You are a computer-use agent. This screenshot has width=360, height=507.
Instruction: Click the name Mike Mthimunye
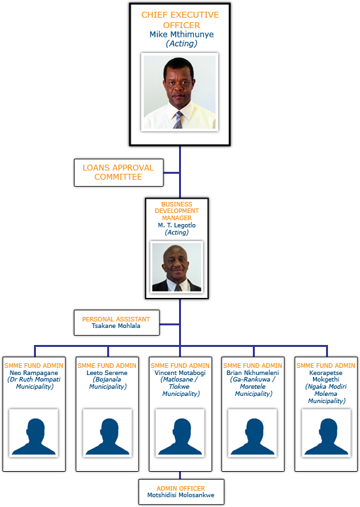[182, 34]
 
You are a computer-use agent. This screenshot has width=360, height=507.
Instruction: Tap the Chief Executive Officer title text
[180, 20]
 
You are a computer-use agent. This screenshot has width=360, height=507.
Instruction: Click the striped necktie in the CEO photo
[178, 120]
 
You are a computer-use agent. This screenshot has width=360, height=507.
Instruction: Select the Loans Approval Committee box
[119, 172]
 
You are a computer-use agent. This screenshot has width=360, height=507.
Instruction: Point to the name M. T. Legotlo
[176, 225]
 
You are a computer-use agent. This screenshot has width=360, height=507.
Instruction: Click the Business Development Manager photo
[176, 267]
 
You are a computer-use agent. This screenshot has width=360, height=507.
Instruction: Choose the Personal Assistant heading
[116, 319]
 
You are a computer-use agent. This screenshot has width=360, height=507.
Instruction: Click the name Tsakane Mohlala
[116, 326]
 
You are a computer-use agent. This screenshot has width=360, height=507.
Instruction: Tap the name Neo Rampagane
[33, 373]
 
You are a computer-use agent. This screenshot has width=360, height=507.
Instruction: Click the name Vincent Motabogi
[180, 373]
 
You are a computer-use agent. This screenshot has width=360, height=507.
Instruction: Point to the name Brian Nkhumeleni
[253, 373]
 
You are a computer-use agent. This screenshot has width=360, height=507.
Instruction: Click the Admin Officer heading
[181, 488]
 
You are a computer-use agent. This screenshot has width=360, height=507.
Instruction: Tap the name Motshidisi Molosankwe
[181, 495]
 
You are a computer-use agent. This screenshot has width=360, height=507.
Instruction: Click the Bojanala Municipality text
[108, 383]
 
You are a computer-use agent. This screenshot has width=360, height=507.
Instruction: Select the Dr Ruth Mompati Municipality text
[34, 383]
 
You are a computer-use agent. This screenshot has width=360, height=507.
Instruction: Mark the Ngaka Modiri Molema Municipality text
[327, 394]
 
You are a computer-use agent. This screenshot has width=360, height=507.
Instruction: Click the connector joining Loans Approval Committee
[172, 172]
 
